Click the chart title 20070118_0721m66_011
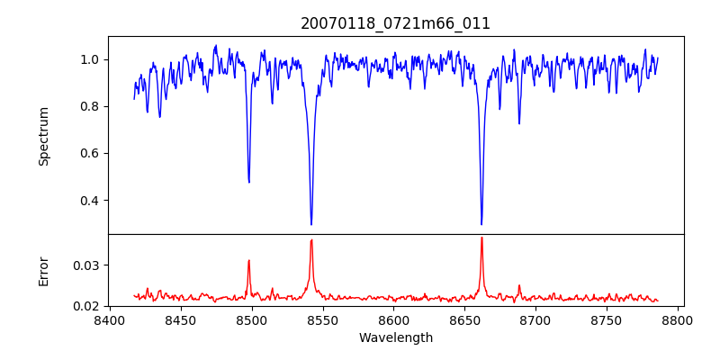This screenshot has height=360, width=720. click(395, 23)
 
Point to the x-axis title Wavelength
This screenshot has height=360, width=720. click(395, 337)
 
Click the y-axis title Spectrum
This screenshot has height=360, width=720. click(43, 136)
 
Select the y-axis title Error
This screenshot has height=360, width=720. click(43, 270)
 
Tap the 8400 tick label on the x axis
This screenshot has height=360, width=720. click(109, 320)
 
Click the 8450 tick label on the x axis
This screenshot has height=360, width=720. click(180, 320)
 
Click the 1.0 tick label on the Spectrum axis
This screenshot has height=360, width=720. click(90, 59)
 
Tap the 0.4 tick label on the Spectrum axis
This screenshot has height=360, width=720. click(90, 200)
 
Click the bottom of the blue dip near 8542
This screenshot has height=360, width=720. click(311, 224)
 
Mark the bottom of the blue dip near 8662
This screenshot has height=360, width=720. click(481, 224)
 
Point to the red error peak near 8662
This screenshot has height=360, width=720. click(481, 238)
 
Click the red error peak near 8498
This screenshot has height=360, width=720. click(249, 261)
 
